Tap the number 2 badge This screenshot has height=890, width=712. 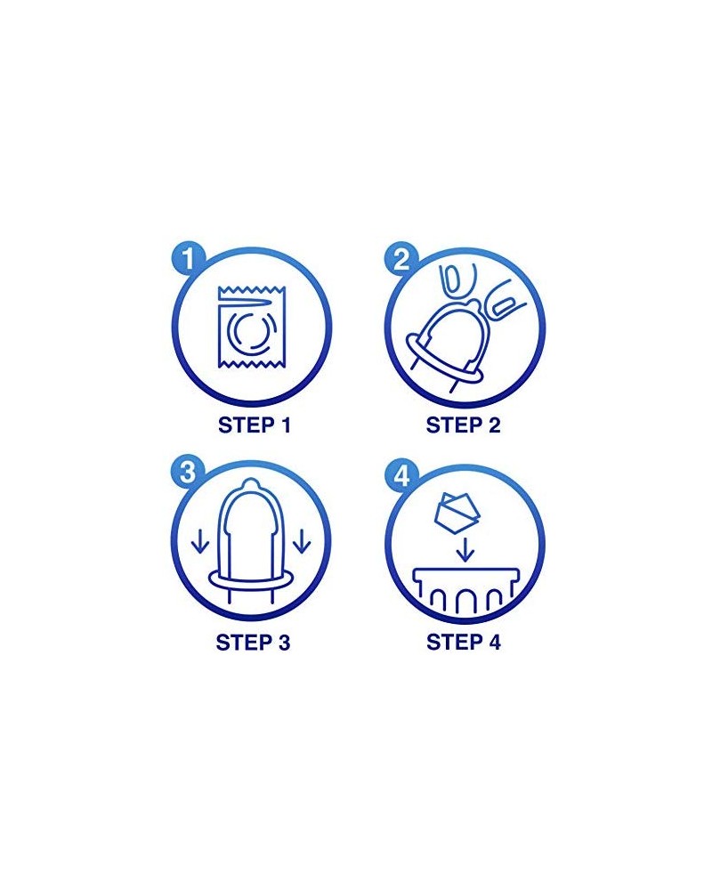click(x=400, y=260)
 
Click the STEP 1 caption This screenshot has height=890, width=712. click(x=254, y=425)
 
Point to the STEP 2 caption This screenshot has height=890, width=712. click(x=464, y=425)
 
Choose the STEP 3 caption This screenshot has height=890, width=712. click(x=254, y=642)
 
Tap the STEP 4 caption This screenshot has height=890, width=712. click(x=464, y=642)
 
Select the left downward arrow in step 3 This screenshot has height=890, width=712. click(x=201, y=541)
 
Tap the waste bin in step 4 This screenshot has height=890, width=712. click(x=464, y=592)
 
